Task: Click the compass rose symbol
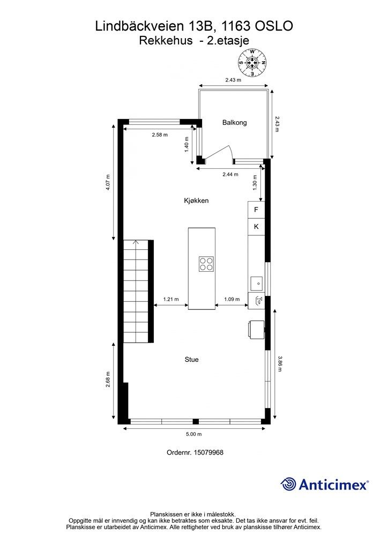coord(252,63)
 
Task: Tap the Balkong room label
coord(234,123)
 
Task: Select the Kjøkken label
coord(196,201)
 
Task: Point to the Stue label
coord(191,360)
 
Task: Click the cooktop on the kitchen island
coord(206,264)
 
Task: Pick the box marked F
coord(256,210)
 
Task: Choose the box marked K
coord(256,227)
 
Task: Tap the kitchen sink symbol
coord(257,282)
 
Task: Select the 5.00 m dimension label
coord(193,434)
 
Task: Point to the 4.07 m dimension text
coord(108,182)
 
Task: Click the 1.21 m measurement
coord(171,299)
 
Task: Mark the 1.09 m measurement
coord(232,299)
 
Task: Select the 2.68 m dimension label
coord(108,379)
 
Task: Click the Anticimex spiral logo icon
coord(288,484)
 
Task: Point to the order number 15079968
coord(208,452)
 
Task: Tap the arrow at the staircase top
coord(136,242)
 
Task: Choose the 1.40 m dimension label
coord(186,144)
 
